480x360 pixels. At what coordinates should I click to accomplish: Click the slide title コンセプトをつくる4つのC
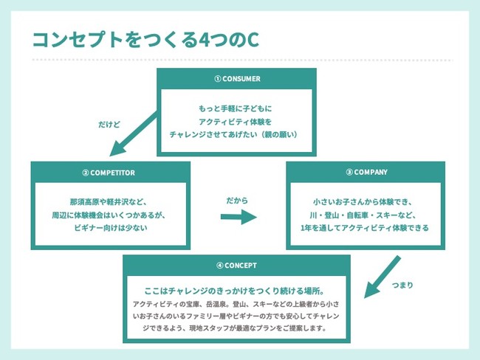click(145, 41)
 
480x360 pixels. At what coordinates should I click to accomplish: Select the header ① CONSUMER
click(237, 79)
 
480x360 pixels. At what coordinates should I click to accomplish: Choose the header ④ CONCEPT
click(237, 266)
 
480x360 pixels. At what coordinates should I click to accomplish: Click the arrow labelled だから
click(238, 218)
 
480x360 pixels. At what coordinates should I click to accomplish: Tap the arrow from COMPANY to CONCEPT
click(383, 277)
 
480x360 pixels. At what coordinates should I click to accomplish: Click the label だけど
click(109, 125)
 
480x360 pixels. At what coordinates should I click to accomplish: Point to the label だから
click(238, 199)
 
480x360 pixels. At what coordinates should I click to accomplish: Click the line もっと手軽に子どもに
click(236, 108)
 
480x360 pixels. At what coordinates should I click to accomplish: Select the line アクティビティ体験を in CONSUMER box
click(236, 121)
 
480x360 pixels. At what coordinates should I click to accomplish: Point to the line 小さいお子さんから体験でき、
click(366, 201)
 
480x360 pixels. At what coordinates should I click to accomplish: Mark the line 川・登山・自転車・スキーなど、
click(366, 214)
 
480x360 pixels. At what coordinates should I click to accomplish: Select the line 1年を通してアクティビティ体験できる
click(366, 227)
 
